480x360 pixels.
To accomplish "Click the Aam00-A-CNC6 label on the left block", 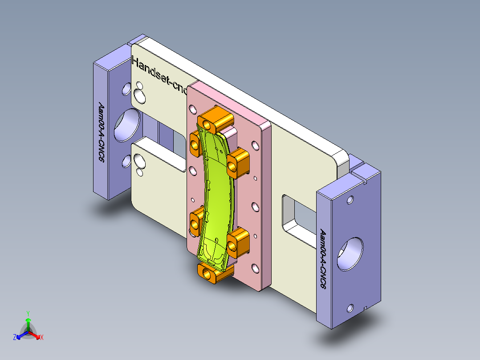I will (102, 134).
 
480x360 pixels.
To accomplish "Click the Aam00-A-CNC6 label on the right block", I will (323, 258).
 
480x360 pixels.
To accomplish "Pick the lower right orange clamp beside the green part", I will (238, 241).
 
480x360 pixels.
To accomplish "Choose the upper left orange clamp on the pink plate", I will (196, 142).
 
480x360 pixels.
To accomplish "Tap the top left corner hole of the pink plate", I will (193, 108).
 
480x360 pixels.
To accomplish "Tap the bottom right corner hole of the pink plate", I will (255, 268).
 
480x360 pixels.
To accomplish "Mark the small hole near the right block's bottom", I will (350, 308).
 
